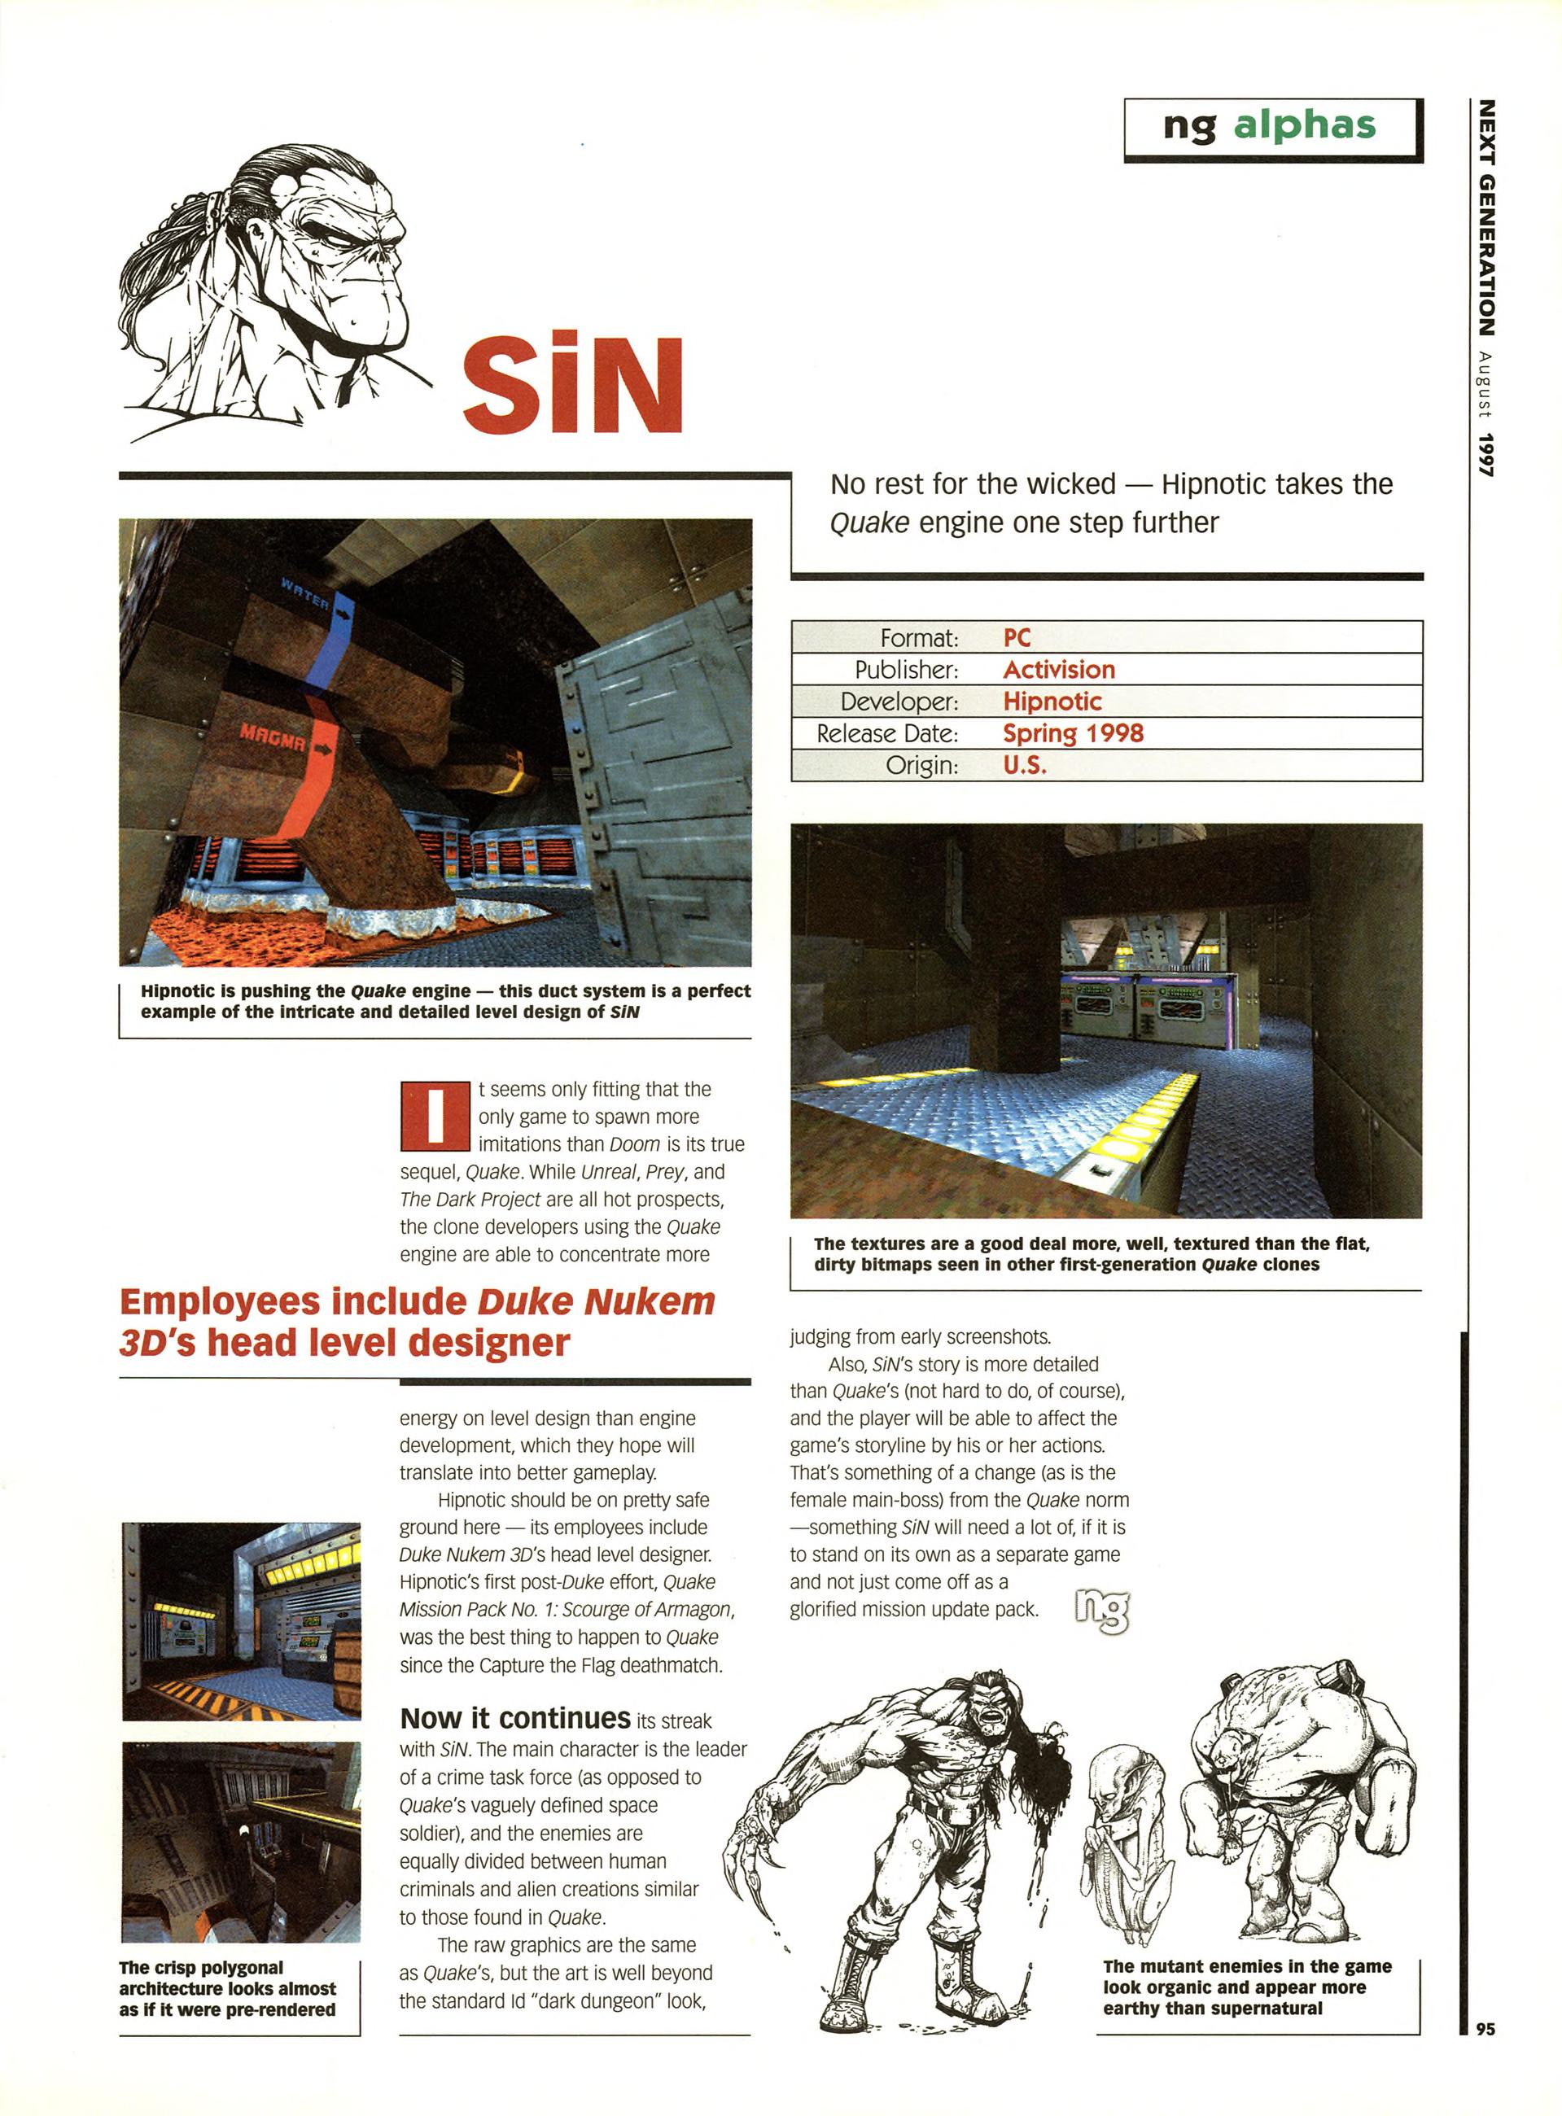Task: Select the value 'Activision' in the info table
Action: pos(1059,670)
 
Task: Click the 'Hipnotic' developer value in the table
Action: pos(1052,702)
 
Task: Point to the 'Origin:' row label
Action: pos(922,765)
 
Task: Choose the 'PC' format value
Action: pos(1017,637)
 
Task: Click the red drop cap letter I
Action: pos(435,1117)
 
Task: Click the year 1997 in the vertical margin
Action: pos(1486,454)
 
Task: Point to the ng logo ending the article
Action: pos(1102,1609)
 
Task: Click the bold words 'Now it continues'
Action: pos(515,1718)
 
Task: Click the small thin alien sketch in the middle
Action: pos(1125,1830)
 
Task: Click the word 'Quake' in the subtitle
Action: pos(869,522)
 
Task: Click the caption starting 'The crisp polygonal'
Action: pos(227,1987)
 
